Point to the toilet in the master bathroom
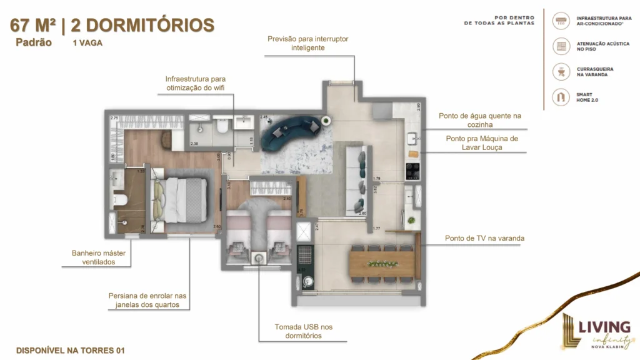[x=119, y=199]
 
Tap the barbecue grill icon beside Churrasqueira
[x=561, y=71]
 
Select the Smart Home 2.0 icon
[x=561, y=97]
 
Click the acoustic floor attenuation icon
[x=561, y=46]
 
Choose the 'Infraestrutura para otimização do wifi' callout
[x=195, y=84]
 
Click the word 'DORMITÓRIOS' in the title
[x=142, y=25]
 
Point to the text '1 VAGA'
[x=87, y=44]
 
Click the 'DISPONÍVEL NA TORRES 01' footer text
[x=70, y=350]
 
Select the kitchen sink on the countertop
[x=413, y=139]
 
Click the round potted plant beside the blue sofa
[x=325, y=121]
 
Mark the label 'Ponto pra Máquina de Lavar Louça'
[x=481, y=142]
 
